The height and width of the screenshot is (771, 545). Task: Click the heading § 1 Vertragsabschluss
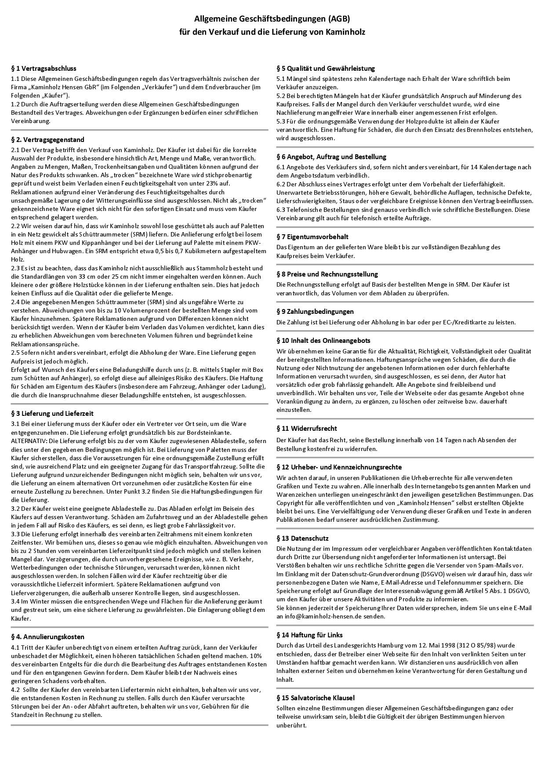tap(44, 69)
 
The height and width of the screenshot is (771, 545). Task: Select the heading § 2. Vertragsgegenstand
tap(47, 140)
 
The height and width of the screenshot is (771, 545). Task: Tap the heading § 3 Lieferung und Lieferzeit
tap(52, 414)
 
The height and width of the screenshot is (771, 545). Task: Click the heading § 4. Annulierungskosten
tap(47, 637)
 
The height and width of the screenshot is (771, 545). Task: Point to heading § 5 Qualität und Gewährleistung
tap(326, 69)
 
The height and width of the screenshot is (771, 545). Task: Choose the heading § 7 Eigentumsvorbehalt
tap(312, 237)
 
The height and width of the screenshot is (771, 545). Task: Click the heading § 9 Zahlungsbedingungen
tap(315, 312)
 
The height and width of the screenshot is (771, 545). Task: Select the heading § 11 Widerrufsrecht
tap(307, 429)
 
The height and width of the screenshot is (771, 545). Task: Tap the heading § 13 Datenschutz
tap(302, 538)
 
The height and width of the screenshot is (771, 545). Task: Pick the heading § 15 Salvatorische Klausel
tap(316, 698)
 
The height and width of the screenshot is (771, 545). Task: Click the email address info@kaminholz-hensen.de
tap(326, 616)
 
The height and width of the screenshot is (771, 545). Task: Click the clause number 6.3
tap(281, 210)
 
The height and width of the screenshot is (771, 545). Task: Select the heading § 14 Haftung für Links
tap(309, 635)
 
